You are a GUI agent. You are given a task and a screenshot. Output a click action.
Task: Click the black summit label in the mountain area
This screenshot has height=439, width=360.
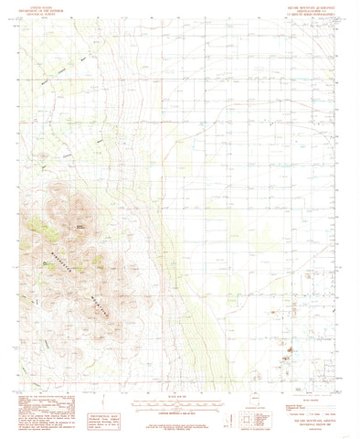[x=80, y=200]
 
